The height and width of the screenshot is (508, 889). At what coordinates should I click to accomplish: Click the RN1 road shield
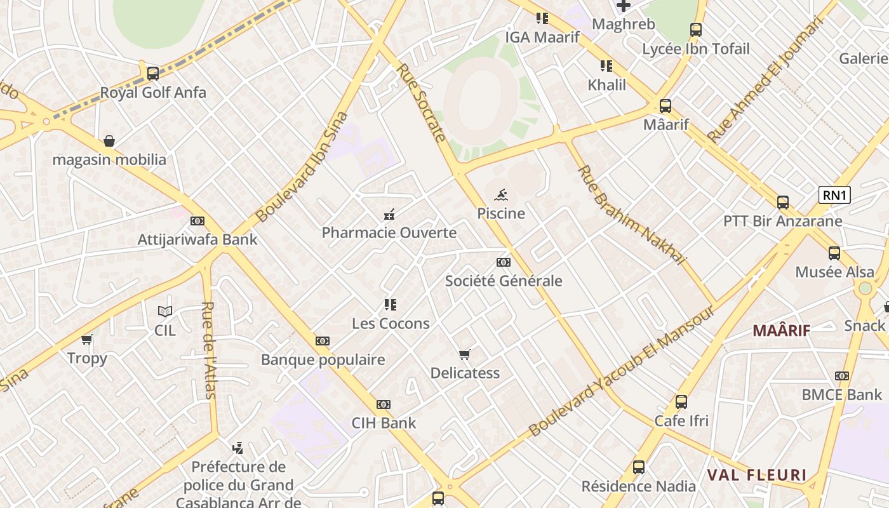click(834, 195)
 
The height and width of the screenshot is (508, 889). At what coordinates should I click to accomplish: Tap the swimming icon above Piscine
click(501, 194)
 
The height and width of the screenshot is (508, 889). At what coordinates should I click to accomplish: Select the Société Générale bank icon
click(503, 262)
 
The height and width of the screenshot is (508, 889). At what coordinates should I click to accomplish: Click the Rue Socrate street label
click(422, 102)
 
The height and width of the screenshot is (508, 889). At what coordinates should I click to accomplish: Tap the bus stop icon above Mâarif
click(665, 106)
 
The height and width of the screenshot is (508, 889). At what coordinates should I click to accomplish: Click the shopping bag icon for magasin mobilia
click(109, 140)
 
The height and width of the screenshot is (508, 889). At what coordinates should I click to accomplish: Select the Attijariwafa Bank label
click(197, 239)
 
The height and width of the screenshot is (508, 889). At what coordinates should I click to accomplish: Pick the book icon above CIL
click(165, 311)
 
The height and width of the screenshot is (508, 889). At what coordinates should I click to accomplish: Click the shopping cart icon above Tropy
click(87, 339)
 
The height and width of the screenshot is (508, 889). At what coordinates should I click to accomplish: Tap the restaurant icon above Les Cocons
click(390, 305)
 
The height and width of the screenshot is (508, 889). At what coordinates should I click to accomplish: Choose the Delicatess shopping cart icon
click(465, 354)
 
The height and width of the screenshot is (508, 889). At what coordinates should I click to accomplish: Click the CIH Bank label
click(384, 423)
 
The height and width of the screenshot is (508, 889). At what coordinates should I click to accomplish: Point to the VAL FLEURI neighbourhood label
click(756, 475)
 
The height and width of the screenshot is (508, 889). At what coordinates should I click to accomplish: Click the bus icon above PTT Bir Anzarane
click(782, 203)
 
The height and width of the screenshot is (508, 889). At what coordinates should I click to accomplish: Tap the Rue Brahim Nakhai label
click(631, 215)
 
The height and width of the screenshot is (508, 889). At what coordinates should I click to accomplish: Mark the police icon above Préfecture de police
click(237, 448)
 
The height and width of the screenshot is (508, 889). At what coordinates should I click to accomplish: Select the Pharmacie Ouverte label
click(389, 232)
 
